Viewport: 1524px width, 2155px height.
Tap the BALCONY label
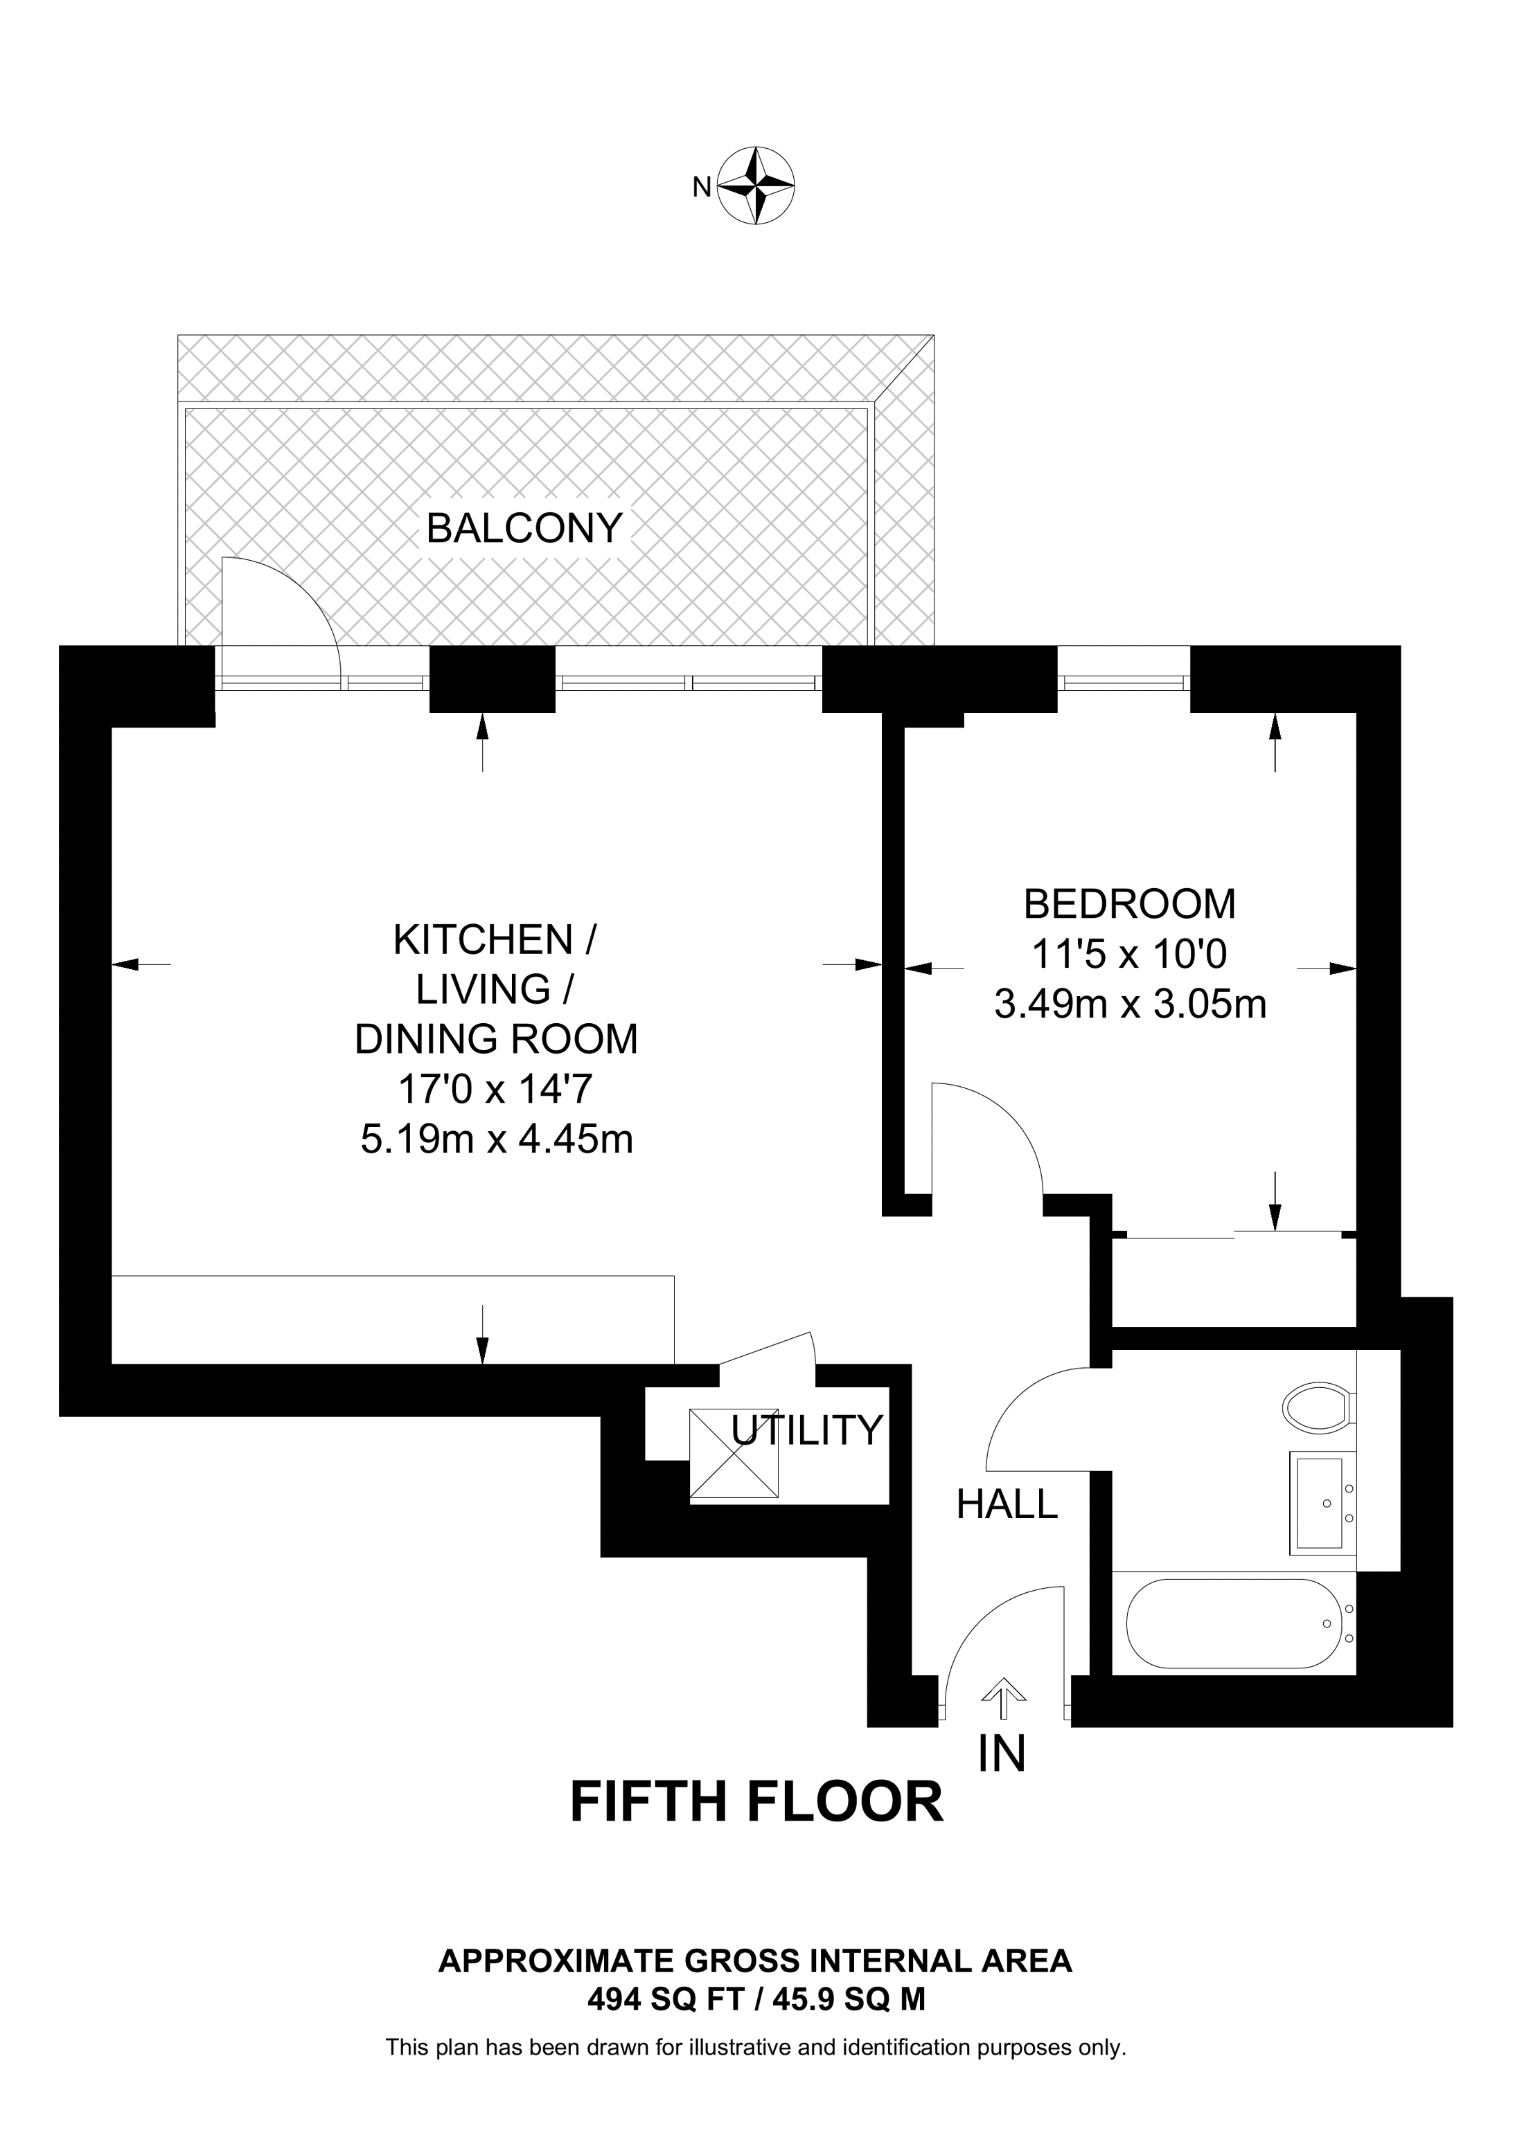pos(524,528)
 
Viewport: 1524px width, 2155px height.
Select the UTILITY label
pos(806,1430)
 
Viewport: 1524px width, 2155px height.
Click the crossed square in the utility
pos(734,1453)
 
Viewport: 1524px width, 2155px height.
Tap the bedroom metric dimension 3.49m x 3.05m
pos(1130,1004)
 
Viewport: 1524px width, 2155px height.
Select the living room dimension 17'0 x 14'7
pos(496,1090)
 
